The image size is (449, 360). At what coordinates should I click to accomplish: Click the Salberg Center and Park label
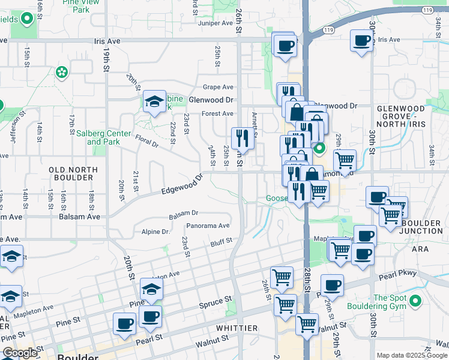[x=103, y=137]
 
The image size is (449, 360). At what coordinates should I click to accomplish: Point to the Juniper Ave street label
[x=218, y=23]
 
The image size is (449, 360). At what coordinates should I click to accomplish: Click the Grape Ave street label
[x=218, y=87]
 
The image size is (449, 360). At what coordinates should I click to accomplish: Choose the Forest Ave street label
[x=217, y=113]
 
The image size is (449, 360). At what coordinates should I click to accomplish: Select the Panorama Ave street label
[x=208, y=226]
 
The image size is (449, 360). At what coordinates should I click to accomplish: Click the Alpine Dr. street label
[x=156, y=232]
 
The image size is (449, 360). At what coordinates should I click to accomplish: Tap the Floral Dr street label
[x=146, y=141]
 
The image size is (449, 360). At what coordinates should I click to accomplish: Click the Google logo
[x=20, y=353]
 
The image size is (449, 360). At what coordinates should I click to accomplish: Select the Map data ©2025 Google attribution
[x=412, y=355]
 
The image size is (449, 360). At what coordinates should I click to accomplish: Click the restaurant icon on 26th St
[x=243, y=138]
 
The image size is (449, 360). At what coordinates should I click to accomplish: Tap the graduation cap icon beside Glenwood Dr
[x=154, y=101]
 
